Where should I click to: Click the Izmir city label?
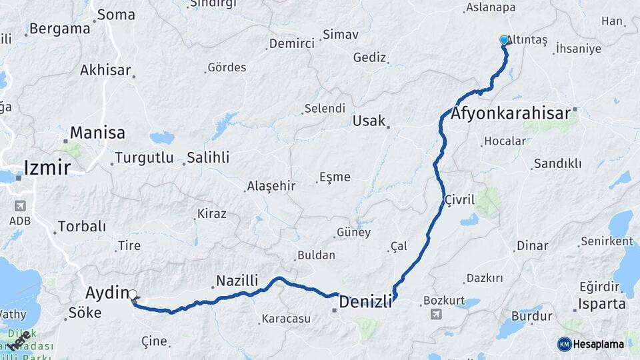[x=47, y=167]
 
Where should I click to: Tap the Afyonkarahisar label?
[x=511, y=113]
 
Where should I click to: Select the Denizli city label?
[x=365, y=302]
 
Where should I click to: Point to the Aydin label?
[x=107, y=292]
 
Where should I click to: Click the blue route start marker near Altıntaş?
[x=504, y=40]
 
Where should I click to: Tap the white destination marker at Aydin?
[x=133, y=294]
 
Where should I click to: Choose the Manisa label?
[x=97, y=133]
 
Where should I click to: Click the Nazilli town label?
[x=237, y=281]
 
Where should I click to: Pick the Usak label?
[x=369, y=121]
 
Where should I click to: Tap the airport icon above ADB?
[x=19, y=205]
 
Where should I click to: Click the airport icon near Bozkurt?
[x=436, y=314]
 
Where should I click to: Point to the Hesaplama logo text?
[x=599, y=344]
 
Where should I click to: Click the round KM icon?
[x=565, y=344]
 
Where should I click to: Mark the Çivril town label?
[x=459, y=199]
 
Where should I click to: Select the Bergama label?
[x=59, y=29]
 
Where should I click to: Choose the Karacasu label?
[x=286, y=319]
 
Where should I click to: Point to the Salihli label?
[x=207, y=157]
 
